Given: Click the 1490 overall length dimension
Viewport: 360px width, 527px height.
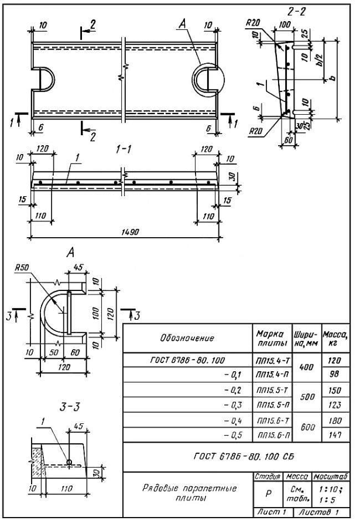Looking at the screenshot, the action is coord(130,232).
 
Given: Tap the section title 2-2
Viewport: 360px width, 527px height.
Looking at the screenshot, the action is coord(297,12).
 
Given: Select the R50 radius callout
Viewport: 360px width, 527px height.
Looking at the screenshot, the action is coord(22,268).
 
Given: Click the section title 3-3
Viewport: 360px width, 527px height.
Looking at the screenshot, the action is coord(70,408).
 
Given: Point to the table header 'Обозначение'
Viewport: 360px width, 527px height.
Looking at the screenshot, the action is coord(187,338).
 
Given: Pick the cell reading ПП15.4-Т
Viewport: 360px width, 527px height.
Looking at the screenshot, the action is coord(273,361).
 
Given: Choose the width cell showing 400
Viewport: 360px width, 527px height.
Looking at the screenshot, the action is coord(307,367).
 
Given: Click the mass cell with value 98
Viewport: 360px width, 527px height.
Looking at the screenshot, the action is coord(334,374).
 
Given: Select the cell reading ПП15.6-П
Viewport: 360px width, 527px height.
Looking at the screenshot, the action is coord(273,435).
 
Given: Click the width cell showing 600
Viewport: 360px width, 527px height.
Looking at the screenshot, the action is coord(307,427).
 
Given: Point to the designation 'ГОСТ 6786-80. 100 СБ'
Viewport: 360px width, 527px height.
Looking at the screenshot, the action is coord(244,456).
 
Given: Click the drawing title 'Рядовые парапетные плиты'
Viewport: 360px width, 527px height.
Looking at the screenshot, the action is coord(189,492).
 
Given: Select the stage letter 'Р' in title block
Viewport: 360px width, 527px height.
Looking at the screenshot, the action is coord(268,494).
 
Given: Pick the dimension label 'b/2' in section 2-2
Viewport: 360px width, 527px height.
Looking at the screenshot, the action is coord(320,60).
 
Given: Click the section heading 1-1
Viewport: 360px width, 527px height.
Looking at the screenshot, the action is coord(124,149).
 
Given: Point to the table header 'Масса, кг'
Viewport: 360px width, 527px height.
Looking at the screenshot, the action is coord(335,338).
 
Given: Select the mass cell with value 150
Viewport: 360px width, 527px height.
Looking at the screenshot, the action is coord(335,391).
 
